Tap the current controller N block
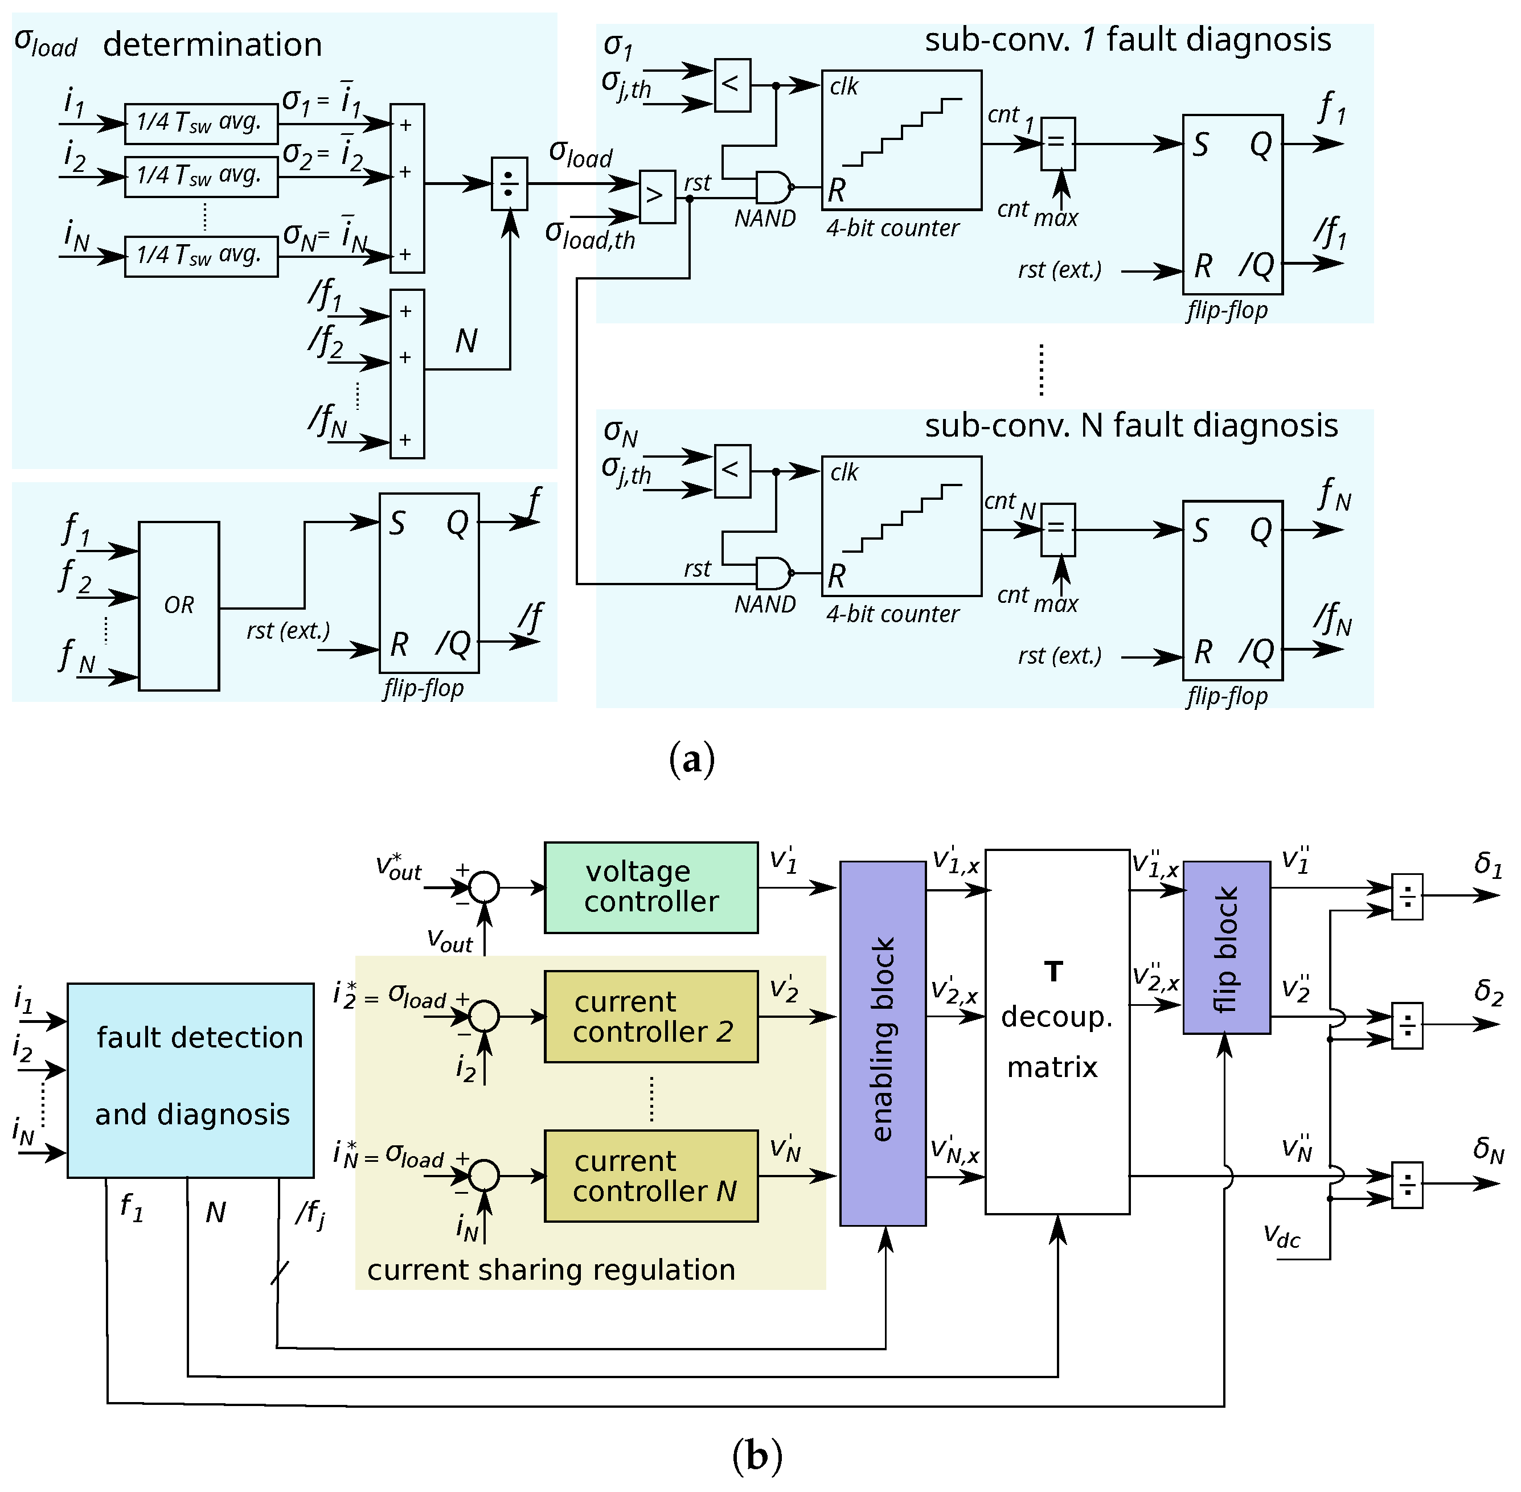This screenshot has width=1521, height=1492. (651, 1175)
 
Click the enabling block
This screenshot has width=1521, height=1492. (883, 1043)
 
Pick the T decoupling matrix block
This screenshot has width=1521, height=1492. (1057, 1031)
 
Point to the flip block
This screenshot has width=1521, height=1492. (1226, 947)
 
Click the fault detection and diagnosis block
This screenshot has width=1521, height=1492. (191, 1080)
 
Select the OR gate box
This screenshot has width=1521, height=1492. (179, 606)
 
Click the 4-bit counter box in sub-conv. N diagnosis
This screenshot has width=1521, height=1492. (901, 526)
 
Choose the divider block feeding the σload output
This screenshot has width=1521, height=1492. (509, 184)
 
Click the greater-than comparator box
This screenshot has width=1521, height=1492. (657, 197)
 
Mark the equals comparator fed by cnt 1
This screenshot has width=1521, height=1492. (1057, 143)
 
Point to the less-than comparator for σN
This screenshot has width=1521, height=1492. (732, 471)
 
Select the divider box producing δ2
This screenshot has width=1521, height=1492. (1407, 1025)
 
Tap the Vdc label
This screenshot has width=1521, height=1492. (1281, 1236)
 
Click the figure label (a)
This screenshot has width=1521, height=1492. (692, 759)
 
